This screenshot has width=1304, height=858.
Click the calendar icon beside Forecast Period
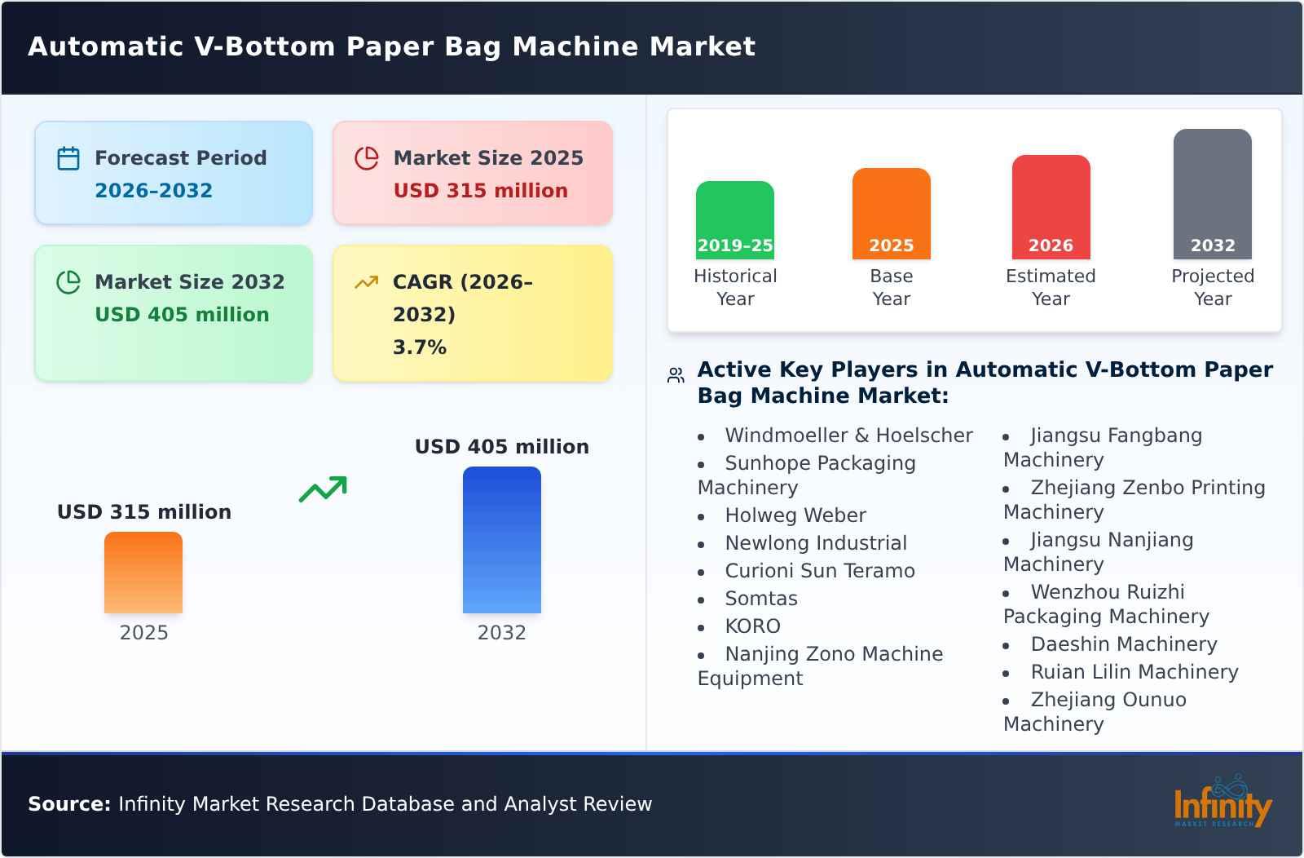coord(68,158)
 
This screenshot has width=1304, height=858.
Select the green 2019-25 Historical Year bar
coord(734,219)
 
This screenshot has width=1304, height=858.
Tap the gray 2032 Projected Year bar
coord(1212,193)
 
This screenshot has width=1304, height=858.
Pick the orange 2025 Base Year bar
coord(891,213)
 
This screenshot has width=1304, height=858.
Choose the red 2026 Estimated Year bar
coord(1051,206)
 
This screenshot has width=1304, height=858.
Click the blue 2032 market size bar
coord(501,539)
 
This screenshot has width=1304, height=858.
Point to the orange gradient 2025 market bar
coord(143,572)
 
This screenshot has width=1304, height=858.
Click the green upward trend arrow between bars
coord(323,489)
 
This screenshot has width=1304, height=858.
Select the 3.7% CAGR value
coord(419,347)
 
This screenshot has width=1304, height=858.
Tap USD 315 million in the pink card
coord(480,191)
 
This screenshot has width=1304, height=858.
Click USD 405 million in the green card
coord(182,315)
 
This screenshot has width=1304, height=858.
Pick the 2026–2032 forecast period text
coord(153,191)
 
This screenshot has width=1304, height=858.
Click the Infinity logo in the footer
coord(1222,803)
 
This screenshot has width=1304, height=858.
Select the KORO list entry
coord(752,626)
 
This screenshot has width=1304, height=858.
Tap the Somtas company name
coord(760,599)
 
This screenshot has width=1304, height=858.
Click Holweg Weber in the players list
coord(795,515)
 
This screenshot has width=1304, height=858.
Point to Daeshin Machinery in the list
coord(1123,644)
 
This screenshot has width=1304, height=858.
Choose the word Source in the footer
coord(68,804)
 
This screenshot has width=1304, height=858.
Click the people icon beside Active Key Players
coord(676,375)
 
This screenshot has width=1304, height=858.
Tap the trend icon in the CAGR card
coord(367,282)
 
